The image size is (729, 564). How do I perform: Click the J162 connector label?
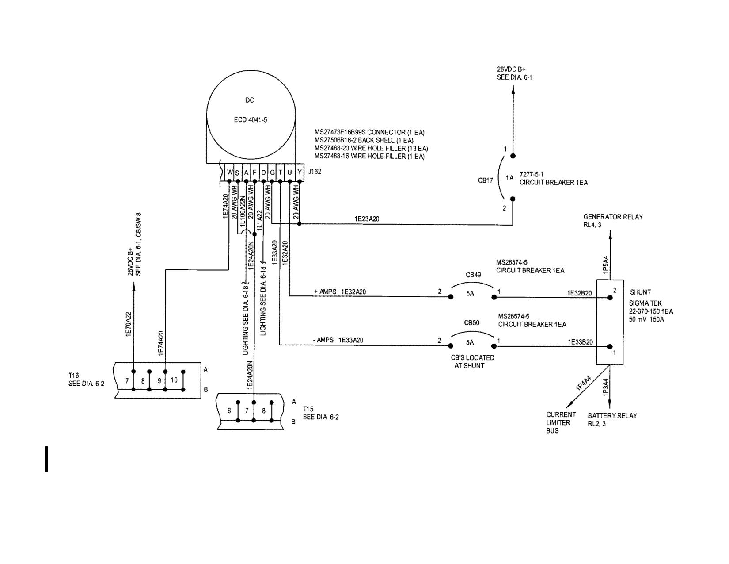314,172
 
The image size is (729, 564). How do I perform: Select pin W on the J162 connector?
229,173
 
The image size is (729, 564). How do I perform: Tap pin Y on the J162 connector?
300,173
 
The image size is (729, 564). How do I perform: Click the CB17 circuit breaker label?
486,181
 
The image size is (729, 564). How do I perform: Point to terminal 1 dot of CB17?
513,156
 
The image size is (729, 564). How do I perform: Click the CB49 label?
473,275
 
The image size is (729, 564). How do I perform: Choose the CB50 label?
472,323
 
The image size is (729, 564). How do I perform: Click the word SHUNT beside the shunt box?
641,292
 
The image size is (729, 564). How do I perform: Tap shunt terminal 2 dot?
610,298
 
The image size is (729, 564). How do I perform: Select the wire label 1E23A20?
367,219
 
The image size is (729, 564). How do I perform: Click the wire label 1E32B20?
579,293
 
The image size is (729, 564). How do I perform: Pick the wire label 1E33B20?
581,342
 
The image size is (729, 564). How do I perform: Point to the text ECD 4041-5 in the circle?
250,120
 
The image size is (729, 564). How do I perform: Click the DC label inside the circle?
250,100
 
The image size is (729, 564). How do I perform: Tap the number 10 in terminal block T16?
174,380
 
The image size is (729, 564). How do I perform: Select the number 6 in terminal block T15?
229,411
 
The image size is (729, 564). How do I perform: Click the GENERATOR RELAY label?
613,221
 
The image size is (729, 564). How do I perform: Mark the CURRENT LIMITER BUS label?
561,422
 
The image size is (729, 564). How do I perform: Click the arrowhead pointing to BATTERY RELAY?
610,405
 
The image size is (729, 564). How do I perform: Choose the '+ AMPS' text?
325,292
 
